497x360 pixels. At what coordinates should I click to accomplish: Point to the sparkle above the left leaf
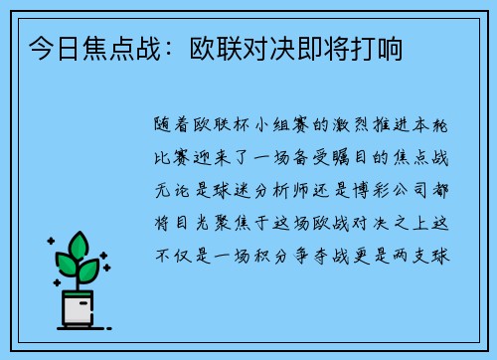pos(50,244)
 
